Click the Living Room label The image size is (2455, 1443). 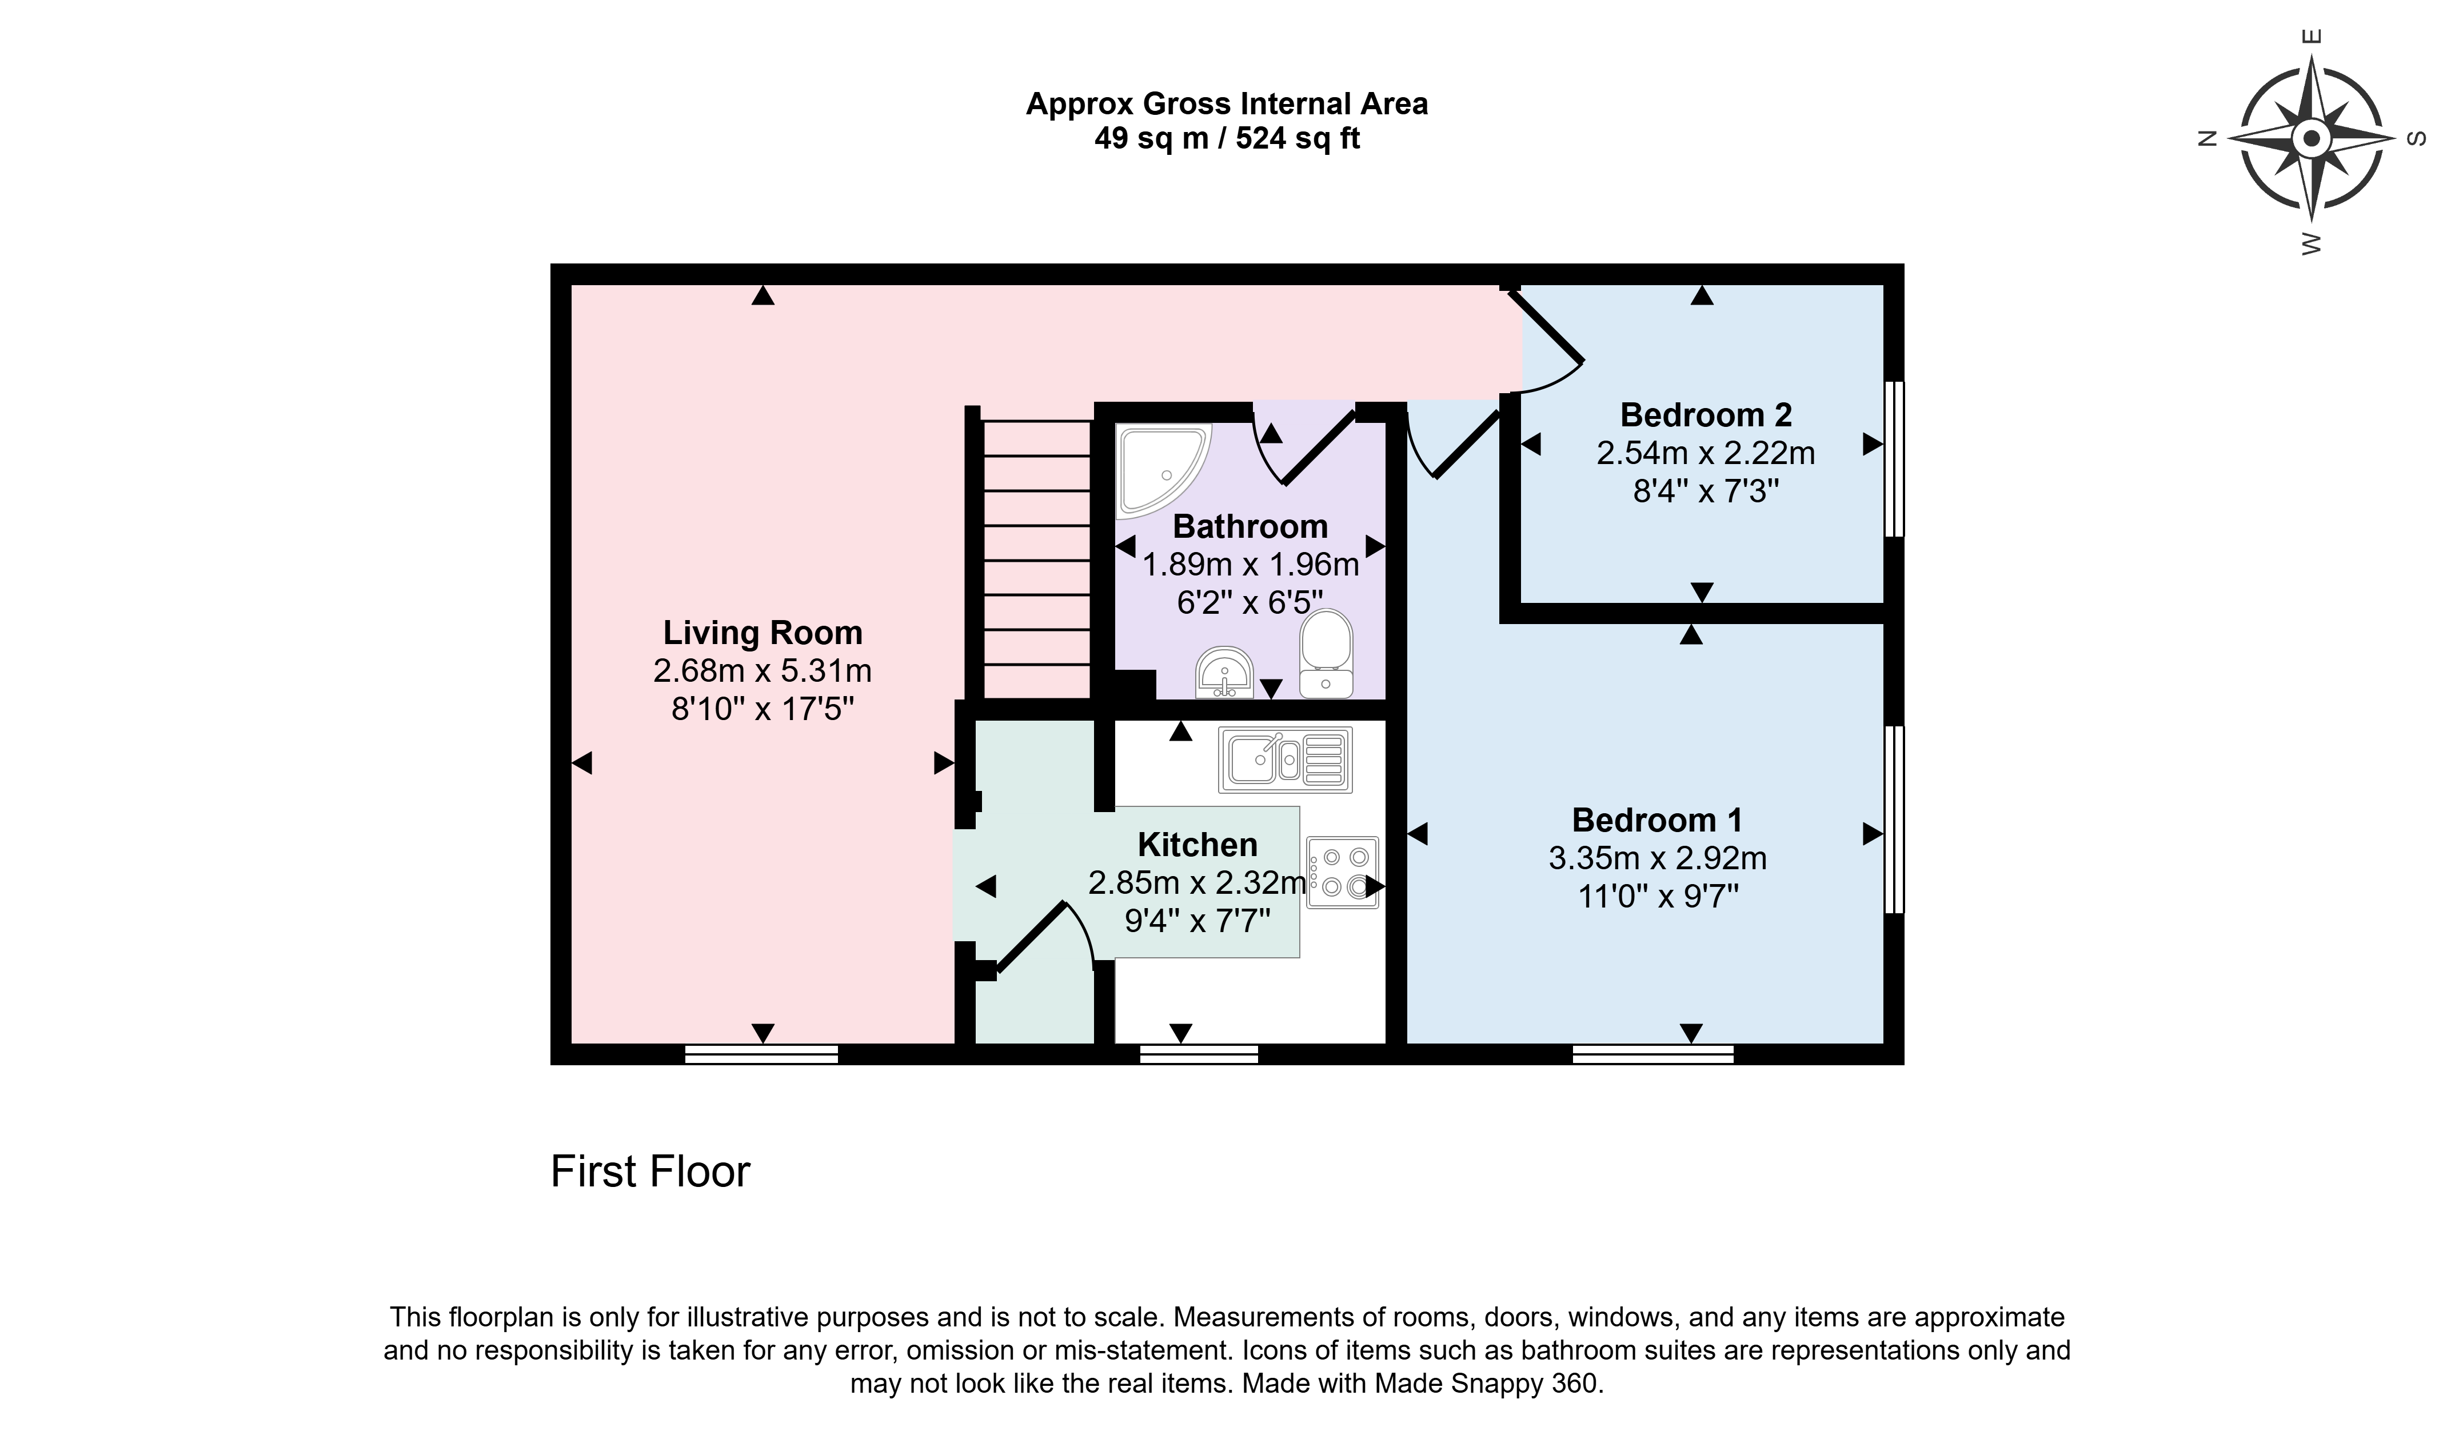(x=763, y=633)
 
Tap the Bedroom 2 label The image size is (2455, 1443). (x=1706, y=415)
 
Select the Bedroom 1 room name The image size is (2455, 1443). (x=1657, y=821)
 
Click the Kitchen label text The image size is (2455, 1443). (x=1197, y=845)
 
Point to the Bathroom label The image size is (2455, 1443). (x=1250, y=527)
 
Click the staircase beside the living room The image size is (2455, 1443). (x=1036, y=558)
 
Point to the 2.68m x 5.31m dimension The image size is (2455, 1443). (x=763, y=671)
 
